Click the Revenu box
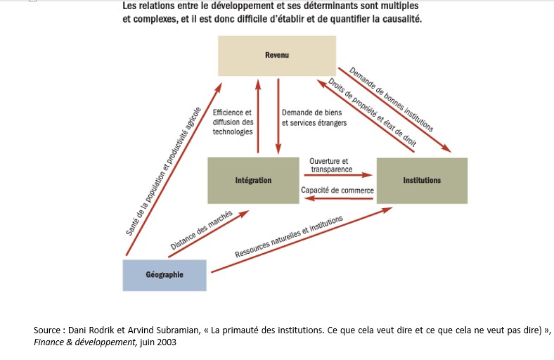tap(276, 56)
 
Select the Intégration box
tap(253, 181)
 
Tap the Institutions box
tap(422, 181)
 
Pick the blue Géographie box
tap(165, 275)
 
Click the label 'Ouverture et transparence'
tap(329, 165)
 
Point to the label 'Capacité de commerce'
tap(337, 190)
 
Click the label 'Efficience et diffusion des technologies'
tap(232, 122)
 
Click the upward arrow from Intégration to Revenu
tap(259, 116)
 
